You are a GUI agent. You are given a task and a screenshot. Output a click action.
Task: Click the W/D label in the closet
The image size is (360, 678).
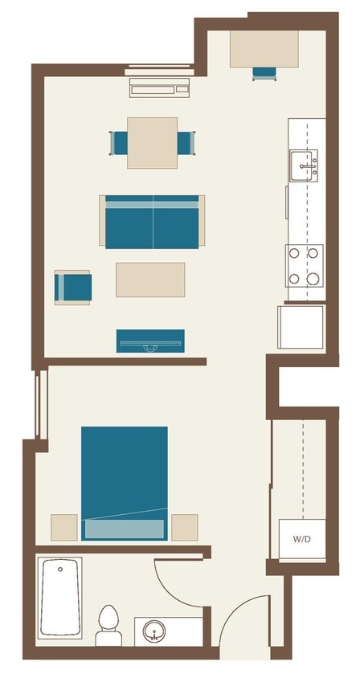[302, 539]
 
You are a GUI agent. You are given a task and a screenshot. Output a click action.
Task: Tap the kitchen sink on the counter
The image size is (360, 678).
[304, 165]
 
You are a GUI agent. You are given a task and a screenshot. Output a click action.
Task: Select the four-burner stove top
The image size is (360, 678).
[304, 266]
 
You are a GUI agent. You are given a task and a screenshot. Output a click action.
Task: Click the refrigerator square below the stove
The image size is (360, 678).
[301, 327]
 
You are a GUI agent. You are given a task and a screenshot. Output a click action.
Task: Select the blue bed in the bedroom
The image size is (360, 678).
[125, 482]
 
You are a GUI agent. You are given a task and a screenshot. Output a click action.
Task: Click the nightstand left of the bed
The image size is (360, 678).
[64, 528]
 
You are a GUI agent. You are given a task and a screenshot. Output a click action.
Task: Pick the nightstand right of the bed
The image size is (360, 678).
[184, 528]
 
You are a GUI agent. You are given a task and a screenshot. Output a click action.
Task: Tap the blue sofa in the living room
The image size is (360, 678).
[152, 222]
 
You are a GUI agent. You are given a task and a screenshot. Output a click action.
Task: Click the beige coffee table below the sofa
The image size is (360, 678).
[150, 280]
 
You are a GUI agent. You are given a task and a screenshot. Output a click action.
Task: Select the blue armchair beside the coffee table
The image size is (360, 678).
[73, 288]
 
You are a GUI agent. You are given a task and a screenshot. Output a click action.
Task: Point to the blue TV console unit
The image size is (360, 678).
[150, 341]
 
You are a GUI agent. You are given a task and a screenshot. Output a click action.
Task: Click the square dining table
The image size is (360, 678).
[153, 143]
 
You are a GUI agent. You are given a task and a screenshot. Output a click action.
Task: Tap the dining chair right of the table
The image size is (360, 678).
[186, 143]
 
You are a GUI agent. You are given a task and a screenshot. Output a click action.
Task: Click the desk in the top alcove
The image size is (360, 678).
[264, 49]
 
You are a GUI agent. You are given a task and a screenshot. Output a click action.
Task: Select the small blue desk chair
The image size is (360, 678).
[264, 73]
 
